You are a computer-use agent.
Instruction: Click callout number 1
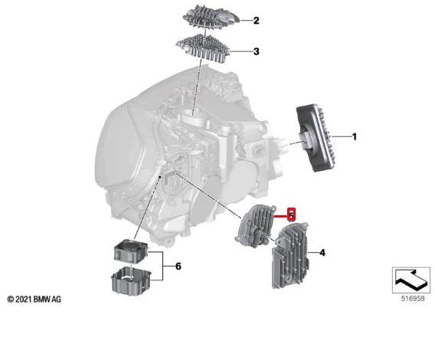[x=354, y=136]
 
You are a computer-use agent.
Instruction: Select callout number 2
[x=256, y=21]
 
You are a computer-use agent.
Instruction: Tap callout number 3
[x=256, y=51]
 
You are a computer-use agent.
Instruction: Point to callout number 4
[x=322, y=253]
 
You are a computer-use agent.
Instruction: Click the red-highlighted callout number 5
[x=291, y=214]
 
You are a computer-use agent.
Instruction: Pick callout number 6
[x=178, y=267]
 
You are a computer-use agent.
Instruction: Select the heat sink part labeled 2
[x=211, y=16]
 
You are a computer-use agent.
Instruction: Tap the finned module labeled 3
[x=204, y=47]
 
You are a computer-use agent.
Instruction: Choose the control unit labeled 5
[x=256, y=225]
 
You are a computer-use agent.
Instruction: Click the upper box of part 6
[x=131, y=251]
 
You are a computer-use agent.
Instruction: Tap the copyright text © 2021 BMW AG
[x=34, y=299]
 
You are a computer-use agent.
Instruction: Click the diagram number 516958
[x=413, y=299]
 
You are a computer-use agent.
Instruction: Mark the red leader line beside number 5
[x=281, y=215]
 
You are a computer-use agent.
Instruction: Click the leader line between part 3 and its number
[x=240, y=51]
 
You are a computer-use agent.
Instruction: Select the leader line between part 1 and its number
[x=341, y=136]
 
